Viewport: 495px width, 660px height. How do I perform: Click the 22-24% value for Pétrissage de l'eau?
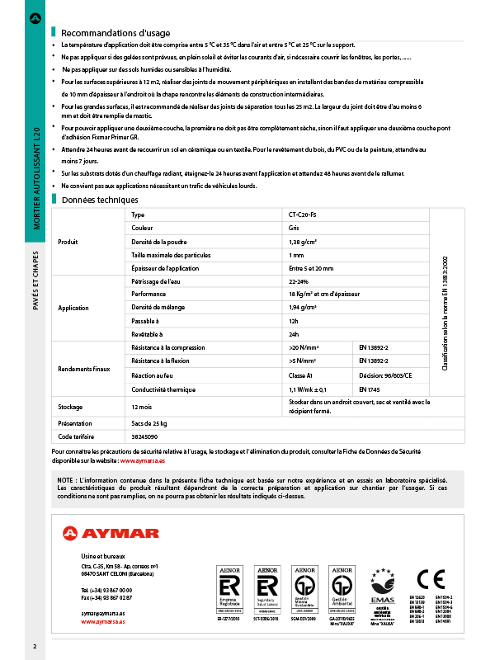tap(299, 281)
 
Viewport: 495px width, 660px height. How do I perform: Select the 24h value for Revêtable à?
tap(294, 334)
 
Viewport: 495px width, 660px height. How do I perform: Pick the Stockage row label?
tap(71, 407)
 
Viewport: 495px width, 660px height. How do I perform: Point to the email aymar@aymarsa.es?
tap(103, 615)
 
